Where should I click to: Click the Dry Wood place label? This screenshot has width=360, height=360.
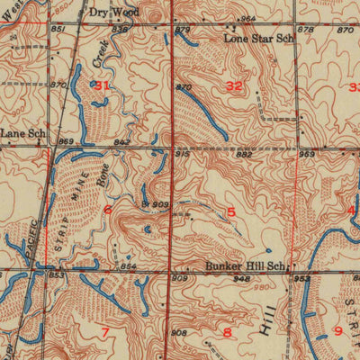pyautogui.click(x=114, y=13)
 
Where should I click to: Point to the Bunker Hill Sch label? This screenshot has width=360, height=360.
pyautogui.click(x=245, y=266)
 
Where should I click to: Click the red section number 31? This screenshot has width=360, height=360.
pyautogui.click(x=103, y=85)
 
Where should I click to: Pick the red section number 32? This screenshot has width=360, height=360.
pyautogui.click(x=236, y=86)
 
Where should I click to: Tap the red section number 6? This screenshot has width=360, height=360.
pyautogui.click(x=108, y=210)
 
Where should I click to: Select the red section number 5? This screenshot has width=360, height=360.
pyautogui.click(x=231, y=211)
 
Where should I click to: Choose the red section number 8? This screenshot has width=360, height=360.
pyautogui.click(x=227, y=333)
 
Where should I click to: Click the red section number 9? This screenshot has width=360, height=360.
pyautogui.click(x=337, y=331)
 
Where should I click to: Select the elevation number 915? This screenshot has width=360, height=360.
pyautogui.click(x=183, y=155)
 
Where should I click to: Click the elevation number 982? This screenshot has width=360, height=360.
pyautogui.click(x=244, y=155)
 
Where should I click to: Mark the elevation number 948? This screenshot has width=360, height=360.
pyautogui.click(x=240, y=280)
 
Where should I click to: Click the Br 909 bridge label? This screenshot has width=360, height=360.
pyautogui.click(x=155, y=205)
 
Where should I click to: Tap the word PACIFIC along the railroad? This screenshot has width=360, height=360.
pyautogui.click(x=32, y=238)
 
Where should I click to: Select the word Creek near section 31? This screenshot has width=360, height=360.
pyautogui.click(x=101, y=54)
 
